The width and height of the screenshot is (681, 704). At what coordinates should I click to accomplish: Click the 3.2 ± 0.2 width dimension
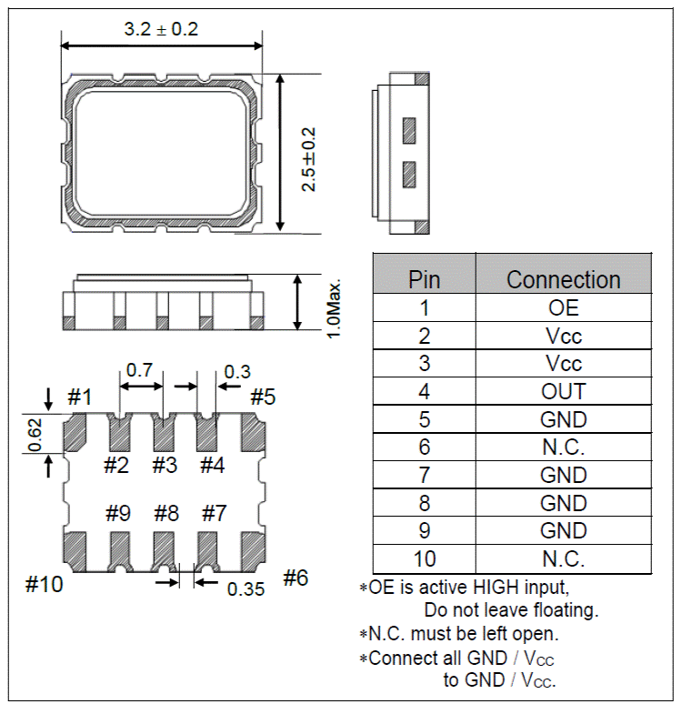161,29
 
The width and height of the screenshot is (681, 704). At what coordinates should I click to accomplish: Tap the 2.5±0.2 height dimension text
309,152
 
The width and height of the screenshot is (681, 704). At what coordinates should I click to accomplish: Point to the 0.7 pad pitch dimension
139,370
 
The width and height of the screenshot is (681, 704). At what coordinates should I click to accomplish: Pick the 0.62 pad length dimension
35,434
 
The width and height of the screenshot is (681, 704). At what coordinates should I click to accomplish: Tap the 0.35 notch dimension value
245,588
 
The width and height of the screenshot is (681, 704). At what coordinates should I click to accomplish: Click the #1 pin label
80,397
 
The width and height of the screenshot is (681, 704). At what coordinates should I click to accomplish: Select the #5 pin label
263,397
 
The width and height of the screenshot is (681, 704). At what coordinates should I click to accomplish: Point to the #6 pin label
295,578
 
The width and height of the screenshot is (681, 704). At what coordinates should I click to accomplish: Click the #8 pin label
165,513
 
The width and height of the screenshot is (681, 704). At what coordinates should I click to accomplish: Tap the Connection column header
563,279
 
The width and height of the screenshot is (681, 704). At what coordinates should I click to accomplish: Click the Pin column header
424,279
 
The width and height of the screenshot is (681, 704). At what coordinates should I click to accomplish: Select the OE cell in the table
564,307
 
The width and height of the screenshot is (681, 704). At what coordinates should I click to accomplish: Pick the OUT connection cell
564,391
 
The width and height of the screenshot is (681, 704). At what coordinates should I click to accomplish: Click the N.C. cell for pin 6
564,448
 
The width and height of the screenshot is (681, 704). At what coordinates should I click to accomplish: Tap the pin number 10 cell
424,559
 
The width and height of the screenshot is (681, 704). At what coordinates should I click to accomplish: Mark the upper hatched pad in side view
408,130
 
